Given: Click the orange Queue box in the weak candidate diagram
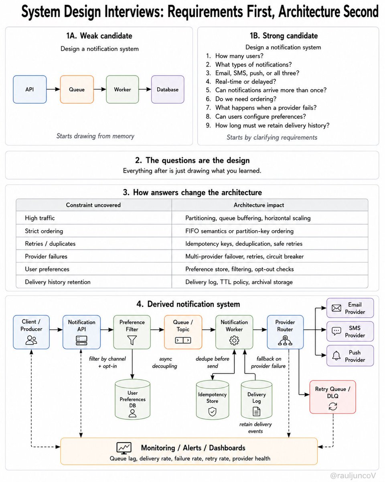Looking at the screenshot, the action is click(x=77, y=89).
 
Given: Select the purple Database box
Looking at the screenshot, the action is click(x=168, y=89).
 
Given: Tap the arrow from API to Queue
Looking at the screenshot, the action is click(x=53, y=89).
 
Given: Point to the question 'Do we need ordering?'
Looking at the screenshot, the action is click(x=245, y=99).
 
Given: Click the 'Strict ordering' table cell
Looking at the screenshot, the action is click(x=44, y=231).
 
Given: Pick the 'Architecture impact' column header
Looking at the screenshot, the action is click(x=259, y=205).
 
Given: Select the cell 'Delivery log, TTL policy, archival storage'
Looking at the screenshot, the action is click(x=239, y=282).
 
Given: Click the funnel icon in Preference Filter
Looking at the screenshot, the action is click(x=132, y=340).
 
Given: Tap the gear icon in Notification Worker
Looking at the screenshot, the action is click(x=234, y=341).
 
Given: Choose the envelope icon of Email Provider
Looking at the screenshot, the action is click(x=336, y=308).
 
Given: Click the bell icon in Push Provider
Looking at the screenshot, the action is click(x=336, y=355).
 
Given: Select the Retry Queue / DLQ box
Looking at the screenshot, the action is click(x=332, y=397).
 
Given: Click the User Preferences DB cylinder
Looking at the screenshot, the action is click(x=132, y=399).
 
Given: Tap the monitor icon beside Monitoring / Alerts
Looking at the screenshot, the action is click(x=124, y=448).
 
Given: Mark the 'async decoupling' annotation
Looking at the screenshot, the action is click(x=165, y=362).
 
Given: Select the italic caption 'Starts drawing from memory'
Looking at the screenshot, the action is click(x=95, y=136).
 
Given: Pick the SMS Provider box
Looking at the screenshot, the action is click(x=350, y=331).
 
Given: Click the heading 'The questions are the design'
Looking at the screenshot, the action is click(x=198, y=160).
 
